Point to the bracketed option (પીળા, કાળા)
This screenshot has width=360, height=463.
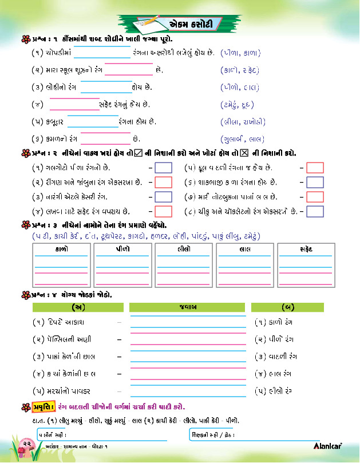pyautogui.click(x=240, y=53)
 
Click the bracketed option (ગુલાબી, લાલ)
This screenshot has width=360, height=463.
pyautogui.click(x=242, y=139)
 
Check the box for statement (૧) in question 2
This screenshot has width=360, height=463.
pyautogui.click(x=164, y=168)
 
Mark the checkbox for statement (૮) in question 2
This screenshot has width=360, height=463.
pyautogui.click(x=315, y=211)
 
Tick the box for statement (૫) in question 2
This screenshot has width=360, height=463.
pyautogui.click(x=315, y=168)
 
